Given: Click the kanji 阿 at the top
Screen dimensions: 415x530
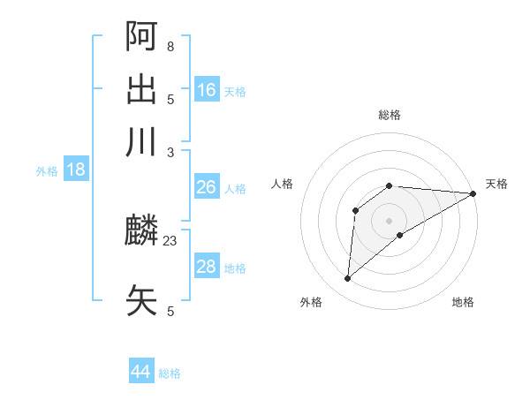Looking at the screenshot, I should point(141,36).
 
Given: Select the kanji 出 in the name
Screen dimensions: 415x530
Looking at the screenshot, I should point(141,89).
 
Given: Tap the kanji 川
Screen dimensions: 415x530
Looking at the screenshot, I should point(141,141).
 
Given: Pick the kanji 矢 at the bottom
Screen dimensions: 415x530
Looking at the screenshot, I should point(141,300).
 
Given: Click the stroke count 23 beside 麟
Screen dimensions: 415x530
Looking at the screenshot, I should point(170,239).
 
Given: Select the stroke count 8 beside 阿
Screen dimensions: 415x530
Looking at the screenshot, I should point(170,46).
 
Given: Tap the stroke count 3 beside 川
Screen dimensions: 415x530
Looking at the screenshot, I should point(170,151).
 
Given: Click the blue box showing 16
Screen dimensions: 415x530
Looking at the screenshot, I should point(207,89).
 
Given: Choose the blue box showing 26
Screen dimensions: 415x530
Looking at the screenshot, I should point(206,187).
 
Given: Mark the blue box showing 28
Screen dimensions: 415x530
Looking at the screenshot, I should point(206,267).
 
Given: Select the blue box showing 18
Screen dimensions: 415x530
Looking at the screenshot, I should point(76,170).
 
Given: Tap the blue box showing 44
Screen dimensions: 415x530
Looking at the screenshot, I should point(140,372).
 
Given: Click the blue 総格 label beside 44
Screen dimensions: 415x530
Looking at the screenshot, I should point(170,373).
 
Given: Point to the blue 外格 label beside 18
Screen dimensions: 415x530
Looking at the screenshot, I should point(47,171).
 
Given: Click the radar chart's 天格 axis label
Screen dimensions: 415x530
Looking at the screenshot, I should point(496,184).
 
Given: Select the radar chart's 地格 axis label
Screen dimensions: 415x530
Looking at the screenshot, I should point(463,302).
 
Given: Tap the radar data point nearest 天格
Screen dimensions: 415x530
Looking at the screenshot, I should point(473,193).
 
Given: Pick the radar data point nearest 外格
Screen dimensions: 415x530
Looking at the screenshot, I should point(347,279).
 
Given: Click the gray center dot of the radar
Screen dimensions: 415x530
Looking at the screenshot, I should point(390,220).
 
